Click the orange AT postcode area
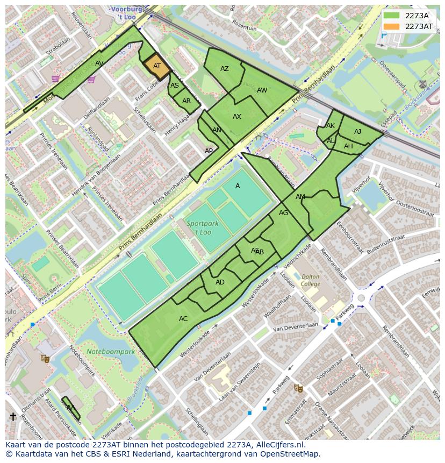tap(157, 67)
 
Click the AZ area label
tap(225, 69)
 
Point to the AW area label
tap(262, 90)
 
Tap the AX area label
tap(237, 117)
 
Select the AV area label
tap(99, 63)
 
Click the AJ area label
tap(358, 132)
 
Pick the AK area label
tap(331, 126)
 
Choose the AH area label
tap(348, 146)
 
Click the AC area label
tap(183, 319)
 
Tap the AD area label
tap(220, 282)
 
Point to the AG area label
tap(284, 213)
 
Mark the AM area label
tap(300, 197)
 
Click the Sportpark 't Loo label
tap(199, 227)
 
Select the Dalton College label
tap(310, 280)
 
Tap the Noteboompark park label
tap(110, 352)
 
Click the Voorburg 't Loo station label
tap(127, 13)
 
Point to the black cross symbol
tap(13, 417)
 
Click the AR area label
tap(186, 101)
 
